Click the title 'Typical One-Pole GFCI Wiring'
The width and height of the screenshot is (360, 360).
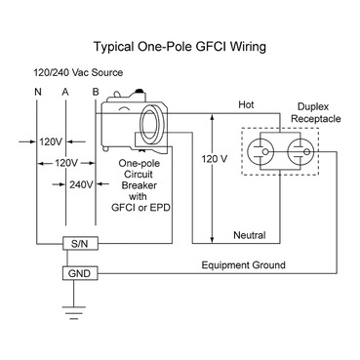click(x=180, y=46)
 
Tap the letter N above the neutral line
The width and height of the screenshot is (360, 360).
click(x=37, y=95)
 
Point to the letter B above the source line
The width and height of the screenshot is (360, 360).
click(x=95, y=95)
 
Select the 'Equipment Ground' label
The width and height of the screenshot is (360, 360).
click(x=243, y=264)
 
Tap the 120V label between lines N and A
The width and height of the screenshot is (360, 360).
click(x=51, y=140)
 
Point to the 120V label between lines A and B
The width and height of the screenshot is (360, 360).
click(x=65, y=162)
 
